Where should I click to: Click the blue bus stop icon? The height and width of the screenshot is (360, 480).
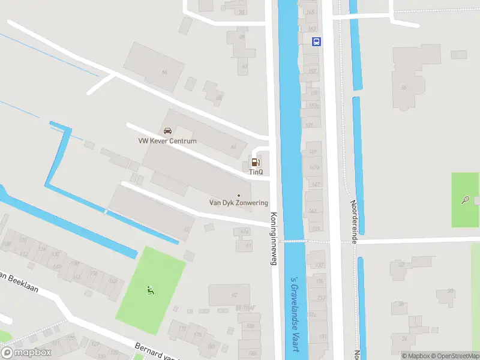pyautogui.click(x=316, y=41)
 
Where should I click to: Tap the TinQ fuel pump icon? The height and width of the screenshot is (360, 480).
pyautogui.click(x=256, y=162)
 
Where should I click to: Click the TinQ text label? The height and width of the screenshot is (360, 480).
pyautogui.click(x=256, y=172)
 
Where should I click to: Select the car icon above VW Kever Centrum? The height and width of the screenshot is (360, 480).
pyautogui.click(x=167, y=131)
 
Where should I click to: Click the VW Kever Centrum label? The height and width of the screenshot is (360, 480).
pyautogui.click(x=167, y=142)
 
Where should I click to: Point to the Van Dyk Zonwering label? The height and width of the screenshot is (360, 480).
pyautogui.click(x=238, y=203)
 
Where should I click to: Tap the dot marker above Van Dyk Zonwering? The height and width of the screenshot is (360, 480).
pyautogui.click(x=239, y=195)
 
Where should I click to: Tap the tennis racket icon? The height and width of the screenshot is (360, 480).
pyautogui.click(x=466, y=200)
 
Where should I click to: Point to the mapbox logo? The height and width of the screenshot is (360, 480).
pyautogui.click(x=26, y=353)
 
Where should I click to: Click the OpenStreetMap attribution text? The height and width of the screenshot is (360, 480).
pyautogui.click(x=454, y=356)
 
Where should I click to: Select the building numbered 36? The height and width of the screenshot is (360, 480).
pyautogui.click(x=404, y=88)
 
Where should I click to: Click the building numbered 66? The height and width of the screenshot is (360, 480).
pyautogui.click(x=164, y=73)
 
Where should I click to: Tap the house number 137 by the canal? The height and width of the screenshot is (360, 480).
pyautogui.click(x=319, y=265)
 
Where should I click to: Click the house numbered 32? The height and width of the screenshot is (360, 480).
pyautogui.click(x=400, y=265)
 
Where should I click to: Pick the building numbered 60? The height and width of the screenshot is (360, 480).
pyautogui.click(x=233, y=294)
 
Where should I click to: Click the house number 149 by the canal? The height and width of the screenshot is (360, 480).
pyautogui.click(x=312, y=152)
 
